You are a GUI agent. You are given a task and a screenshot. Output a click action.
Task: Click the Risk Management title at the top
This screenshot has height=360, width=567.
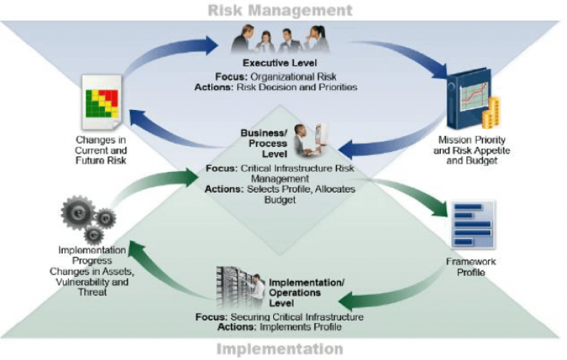click(280, 10)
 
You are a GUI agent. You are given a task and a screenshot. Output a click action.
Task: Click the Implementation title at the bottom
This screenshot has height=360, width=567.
click(280, 349)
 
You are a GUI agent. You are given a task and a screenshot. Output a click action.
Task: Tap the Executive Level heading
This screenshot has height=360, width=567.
click(280, 63)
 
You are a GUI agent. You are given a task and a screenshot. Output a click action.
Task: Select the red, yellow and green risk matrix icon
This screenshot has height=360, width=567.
click(102, 103)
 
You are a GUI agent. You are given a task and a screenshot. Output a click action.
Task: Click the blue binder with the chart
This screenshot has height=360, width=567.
click(469, 98)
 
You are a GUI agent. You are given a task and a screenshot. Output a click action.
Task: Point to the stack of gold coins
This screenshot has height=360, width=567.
click(492, 113)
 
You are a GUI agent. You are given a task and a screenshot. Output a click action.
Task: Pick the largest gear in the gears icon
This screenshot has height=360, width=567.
click(78, 212)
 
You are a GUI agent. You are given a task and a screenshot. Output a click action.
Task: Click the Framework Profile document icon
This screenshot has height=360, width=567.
click(473, 224)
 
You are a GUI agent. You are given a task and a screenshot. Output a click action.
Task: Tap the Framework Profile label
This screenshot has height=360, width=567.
click(471, 267)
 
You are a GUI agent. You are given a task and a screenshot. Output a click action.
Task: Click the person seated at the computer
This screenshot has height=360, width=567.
click(303, 140)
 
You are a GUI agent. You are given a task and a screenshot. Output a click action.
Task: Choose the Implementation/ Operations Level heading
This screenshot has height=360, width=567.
click(306, 293)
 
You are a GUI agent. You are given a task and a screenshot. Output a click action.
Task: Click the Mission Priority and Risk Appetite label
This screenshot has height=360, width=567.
click(472, 150)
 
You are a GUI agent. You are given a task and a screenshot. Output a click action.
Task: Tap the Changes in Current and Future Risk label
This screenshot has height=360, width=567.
click(101, 150)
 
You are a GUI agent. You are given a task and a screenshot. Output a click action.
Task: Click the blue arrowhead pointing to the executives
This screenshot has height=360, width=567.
click(210, 45)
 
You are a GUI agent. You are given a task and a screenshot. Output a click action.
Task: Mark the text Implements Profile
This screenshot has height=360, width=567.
click(300, 327)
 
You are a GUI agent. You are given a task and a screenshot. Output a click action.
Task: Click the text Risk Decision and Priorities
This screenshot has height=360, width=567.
click(297, 87)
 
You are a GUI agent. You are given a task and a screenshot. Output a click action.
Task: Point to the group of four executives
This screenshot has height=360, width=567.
click(280, 39)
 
